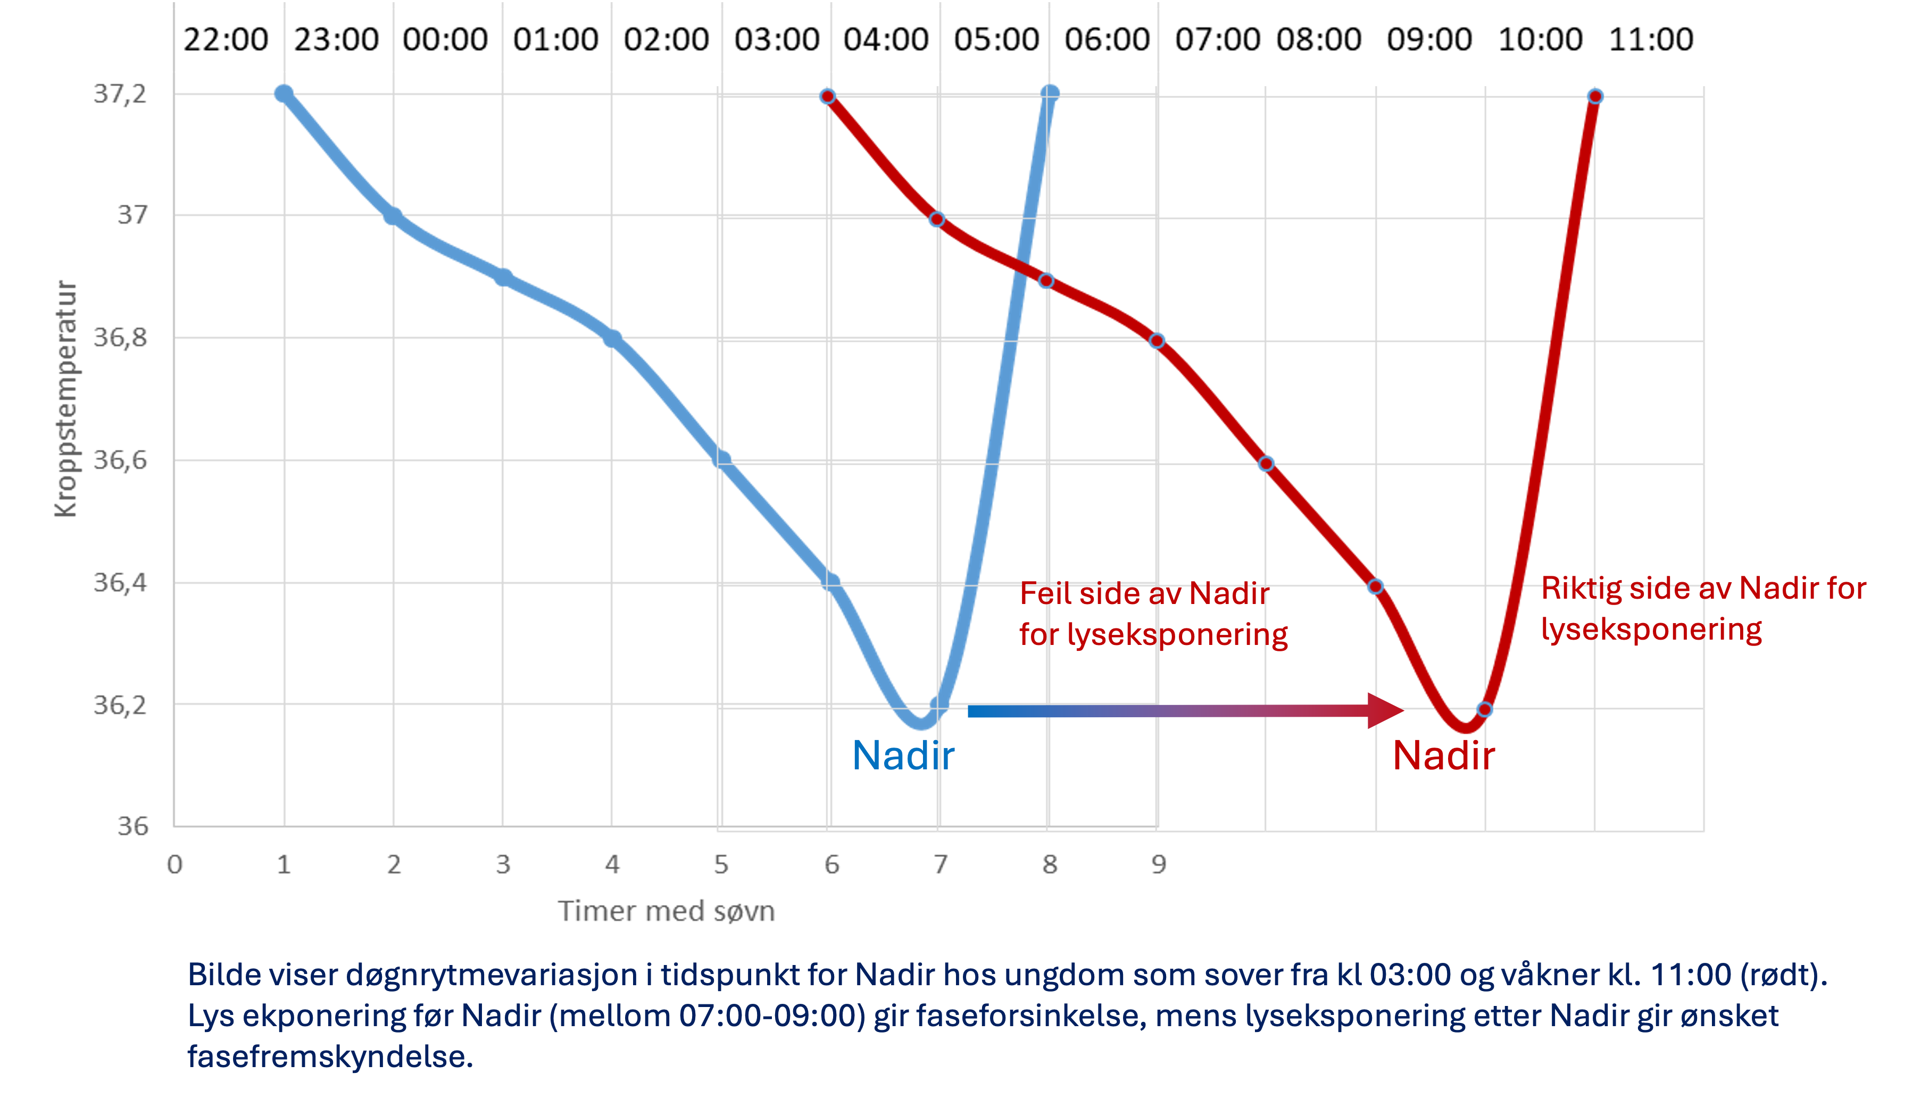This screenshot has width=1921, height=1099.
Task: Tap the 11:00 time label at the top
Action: pyautogui.click(x=1651, y=39)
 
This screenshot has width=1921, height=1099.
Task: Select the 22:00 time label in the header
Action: pyautogui.click(x=226, y=39)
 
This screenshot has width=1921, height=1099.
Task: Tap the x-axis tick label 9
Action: pyautogui.click(x=1158, y=864)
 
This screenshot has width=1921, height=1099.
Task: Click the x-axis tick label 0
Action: pyautogui.click(x=174, y=864)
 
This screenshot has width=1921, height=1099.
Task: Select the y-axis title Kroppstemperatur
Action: pyautogui.click(x=66, y=399)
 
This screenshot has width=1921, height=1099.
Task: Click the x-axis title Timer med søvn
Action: pyautogui.click(x=666, y=912)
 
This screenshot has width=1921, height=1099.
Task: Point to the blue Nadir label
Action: pyautogui.click(x=903, y=756)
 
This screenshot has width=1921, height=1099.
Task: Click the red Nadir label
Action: pyautogui.click(x=1443, y=756)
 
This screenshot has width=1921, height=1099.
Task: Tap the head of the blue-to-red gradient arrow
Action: pyautogui.click(x=1386, y=710)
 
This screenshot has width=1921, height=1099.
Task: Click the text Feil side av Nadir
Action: pyautogui.click(x=1144, y=594)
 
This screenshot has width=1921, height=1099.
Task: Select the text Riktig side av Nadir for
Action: pyautogui.click(x=1703, y=589)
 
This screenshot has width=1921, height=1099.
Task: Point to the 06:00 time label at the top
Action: pyautogui.click(x=1107, y=39)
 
